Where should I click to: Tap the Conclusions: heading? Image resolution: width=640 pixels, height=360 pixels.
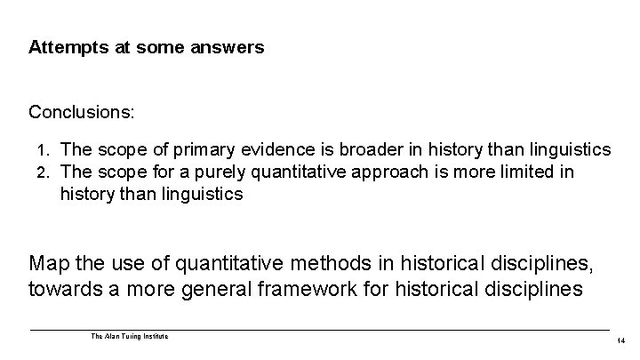(83, 113)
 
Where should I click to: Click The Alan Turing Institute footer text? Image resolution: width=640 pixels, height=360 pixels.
(130, 336)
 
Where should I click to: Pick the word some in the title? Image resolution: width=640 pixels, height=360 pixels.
(158, 47)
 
